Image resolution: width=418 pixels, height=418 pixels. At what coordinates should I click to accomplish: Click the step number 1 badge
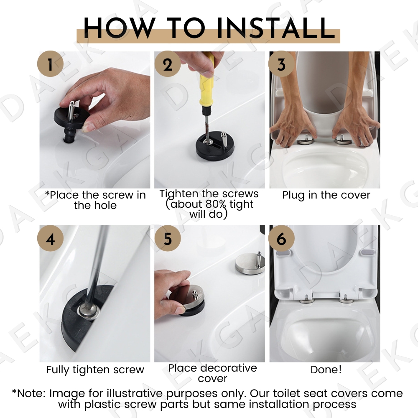(x=51, y=65)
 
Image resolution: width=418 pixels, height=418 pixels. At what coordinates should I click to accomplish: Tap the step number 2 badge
(x=168, y=65)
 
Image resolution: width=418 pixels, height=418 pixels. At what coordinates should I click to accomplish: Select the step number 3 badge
(x=281, y=65)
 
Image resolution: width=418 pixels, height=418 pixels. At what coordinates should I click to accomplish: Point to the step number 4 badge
(x=51, y=239)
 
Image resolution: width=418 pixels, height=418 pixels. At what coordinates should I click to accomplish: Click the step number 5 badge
(x=168, y=239)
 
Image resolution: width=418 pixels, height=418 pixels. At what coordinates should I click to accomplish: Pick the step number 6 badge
(x=281, y=239)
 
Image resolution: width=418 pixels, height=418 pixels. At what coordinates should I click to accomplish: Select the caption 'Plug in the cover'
(x=326, y=195)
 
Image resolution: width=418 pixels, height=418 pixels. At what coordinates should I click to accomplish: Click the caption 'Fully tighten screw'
(x=95, y=370)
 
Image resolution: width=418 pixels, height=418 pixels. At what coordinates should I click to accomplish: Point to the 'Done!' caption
(x=326, y=370)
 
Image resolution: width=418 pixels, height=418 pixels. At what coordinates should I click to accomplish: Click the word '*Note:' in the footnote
(x=29, y=394)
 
